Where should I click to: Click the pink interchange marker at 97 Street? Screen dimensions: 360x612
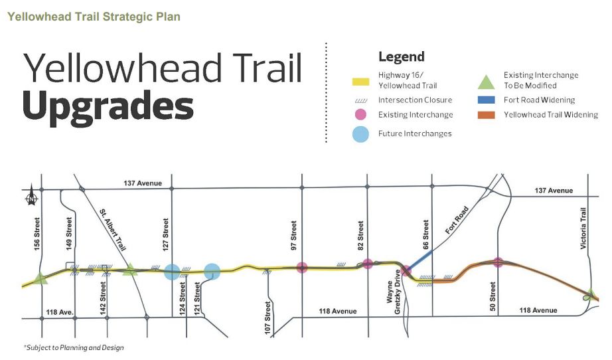302,268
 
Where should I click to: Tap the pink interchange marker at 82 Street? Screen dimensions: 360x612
368,264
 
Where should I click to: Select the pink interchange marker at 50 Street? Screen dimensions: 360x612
498,262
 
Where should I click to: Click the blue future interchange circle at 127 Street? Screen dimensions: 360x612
172,271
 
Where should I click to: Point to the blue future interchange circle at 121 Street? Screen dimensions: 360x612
212,271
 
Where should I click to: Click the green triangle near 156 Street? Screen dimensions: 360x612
40,278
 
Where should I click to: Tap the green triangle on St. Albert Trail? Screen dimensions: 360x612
130,269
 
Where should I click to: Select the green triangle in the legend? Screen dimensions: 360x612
487,82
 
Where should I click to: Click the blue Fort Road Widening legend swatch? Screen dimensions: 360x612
487,100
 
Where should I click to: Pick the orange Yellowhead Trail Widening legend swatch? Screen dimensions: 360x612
487,115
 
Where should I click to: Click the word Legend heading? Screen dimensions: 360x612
401,57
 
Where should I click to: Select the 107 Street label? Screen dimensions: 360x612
268,318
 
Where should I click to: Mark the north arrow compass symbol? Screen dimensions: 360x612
31,199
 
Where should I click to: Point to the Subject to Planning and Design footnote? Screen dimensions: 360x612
73,347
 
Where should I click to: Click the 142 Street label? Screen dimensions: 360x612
103,299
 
